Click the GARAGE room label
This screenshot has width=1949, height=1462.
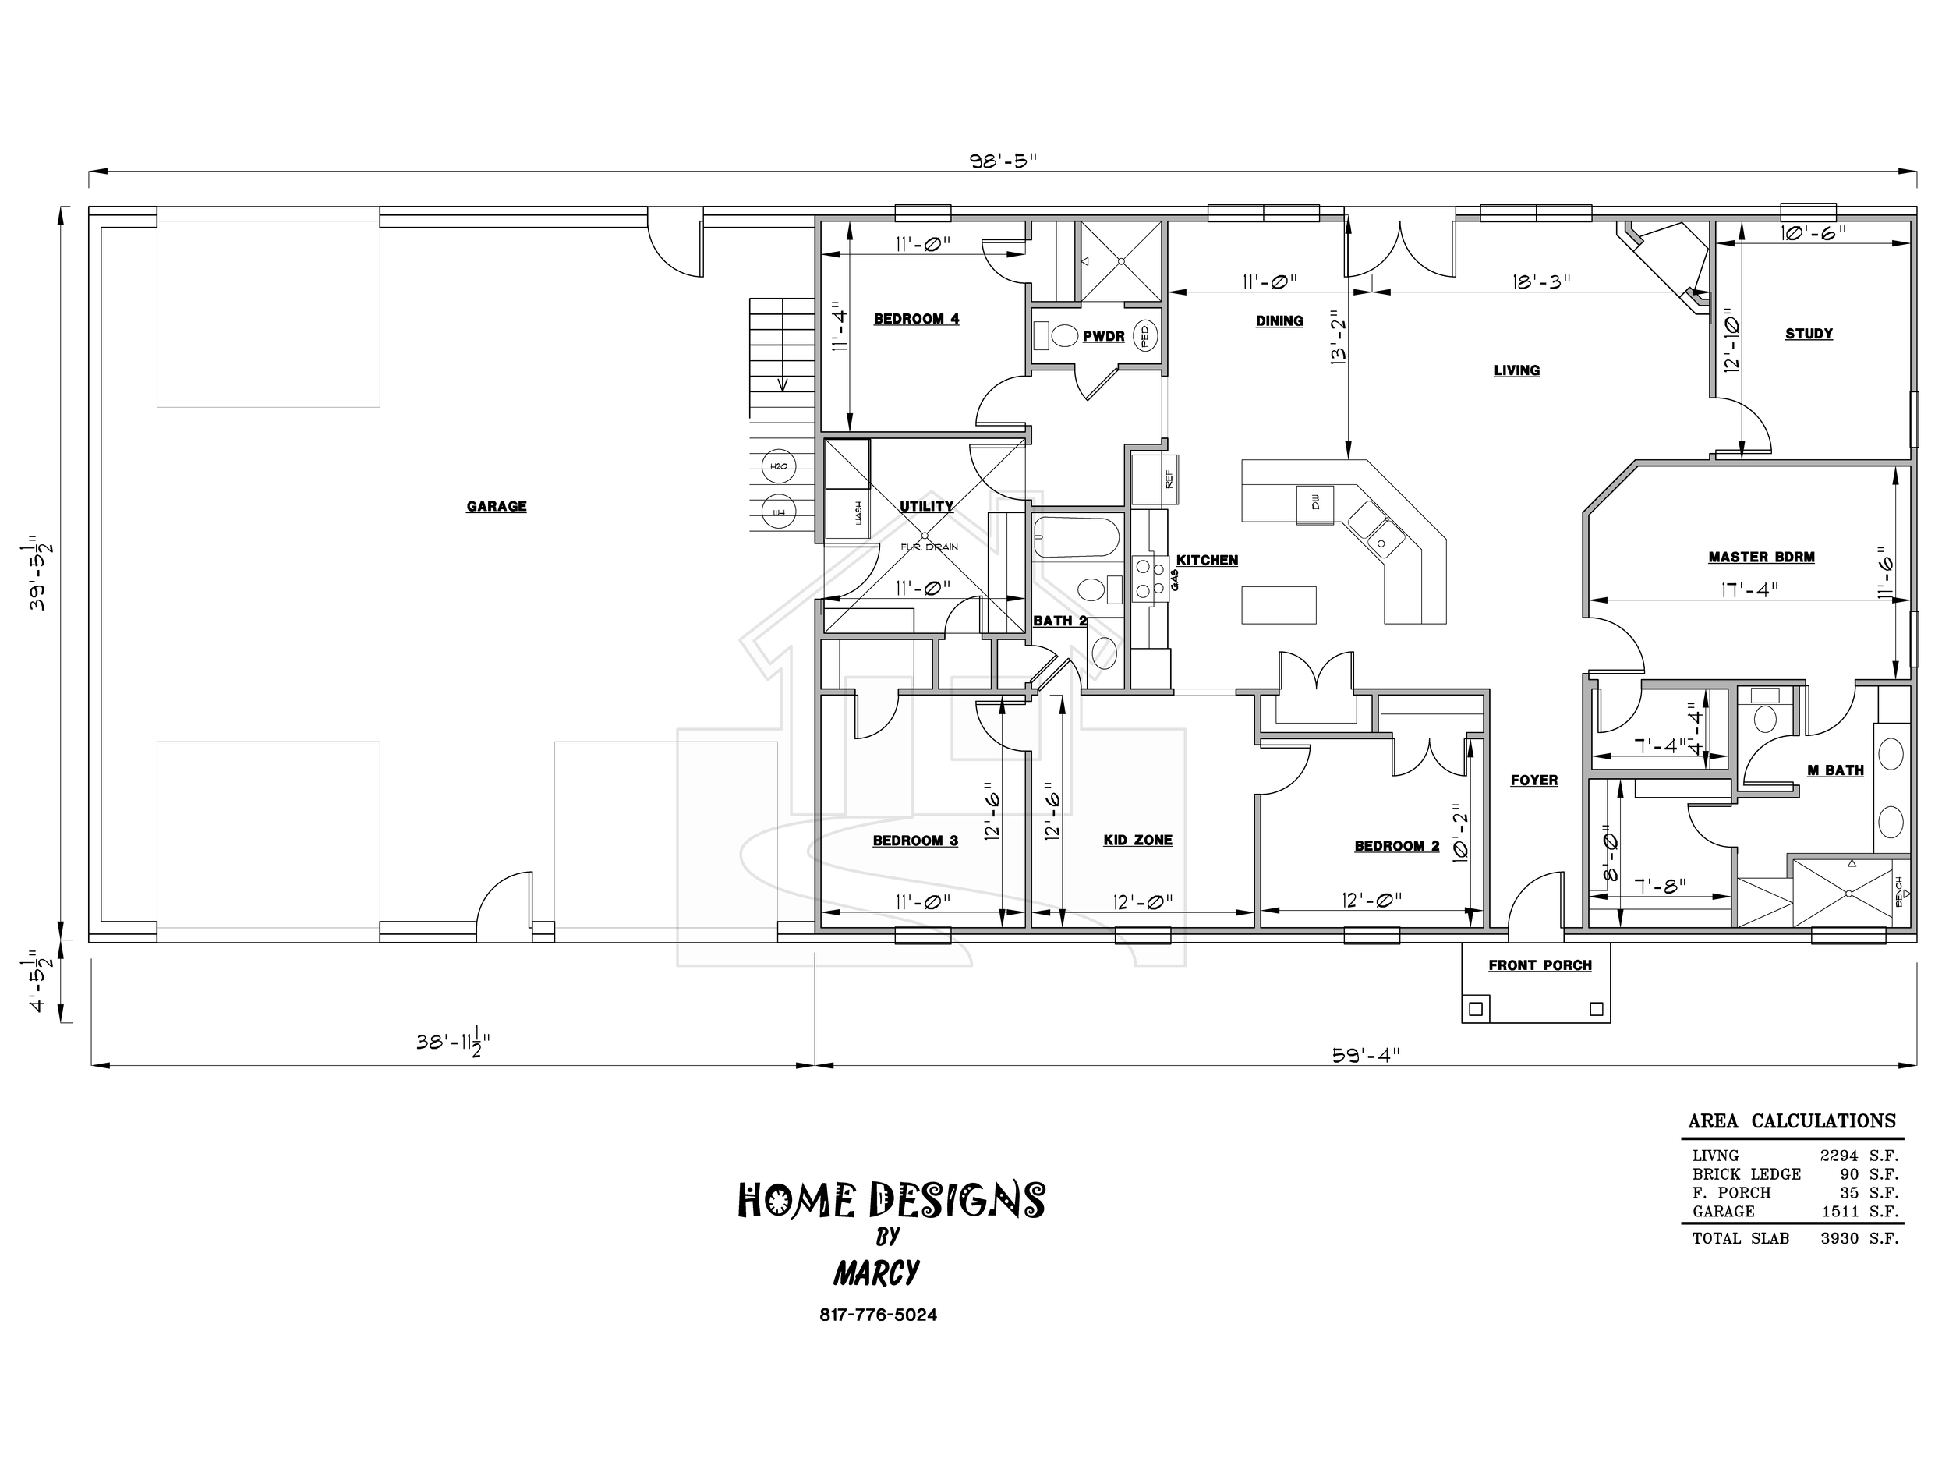click(x=496, y=507)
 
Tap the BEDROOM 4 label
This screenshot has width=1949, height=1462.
click(x=916, y=319)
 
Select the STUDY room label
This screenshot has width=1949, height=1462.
click(x=1809, y=334)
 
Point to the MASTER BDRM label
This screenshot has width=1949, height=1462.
click(x=1761, y=557)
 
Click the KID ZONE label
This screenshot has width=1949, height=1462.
click(x=1137, y=841)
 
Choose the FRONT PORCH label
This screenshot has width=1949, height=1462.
click(x=1540, y=966)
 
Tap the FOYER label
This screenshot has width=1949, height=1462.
click(x=1534, y=781)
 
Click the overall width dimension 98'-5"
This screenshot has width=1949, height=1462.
click(x=1003, y=161)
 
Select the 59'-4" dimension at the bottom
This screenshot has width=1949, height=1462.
click(x=1365, y=1055)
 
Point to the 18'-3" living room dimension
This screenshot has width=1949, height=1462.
click(x=1542, y=282)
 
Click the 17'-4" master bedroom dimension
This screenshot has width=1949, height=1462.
click(x=1750, y=589)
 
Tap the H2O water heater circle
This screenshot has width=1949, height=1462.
click(x=779, y=466)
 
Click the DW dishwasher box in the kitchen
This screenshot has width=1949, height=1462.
click(x=1315, y=504)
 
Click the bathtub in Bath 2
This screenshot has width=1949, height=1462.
click(x=1076, y=537)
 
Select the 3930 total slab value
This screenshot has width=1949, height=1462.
click(x=1839, y=1239)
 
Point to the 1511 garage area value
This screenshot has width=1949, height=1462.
click(x=1841, y=1212)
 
